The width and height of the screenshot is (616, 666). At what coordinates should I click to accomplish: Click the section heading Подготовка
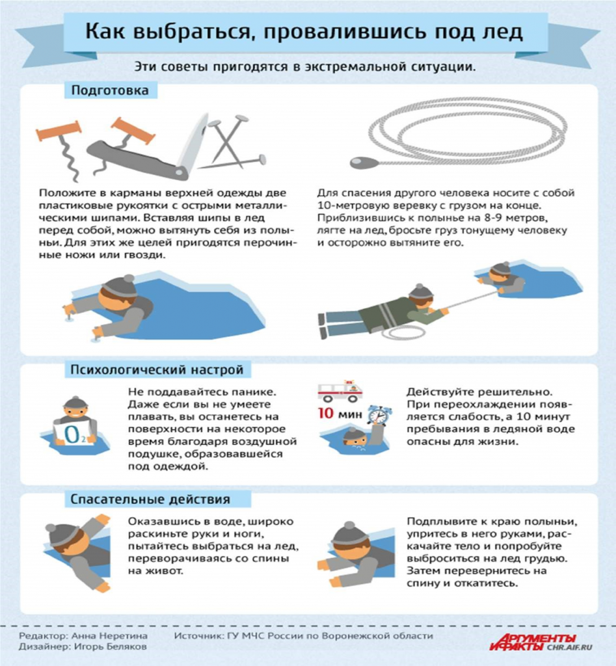110,90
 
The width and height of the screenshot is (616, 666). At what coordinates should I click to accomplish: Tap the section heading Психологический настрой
157,369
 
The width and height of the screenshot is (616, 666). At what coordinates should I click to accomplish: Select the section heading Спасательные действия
150,499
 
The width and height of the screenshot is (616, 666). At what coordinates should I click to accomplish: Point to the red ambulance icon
340,391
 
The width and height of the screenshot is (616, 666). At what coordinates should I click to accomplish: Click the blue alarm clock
379,415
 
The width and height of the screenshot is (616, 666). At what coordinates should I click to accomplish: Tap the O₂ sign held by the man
74,433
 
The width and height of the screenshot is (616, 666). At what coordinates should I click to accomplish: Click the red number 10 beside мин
326,413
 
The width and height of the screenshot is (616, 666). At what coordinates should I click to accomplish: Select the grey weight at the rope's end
364,163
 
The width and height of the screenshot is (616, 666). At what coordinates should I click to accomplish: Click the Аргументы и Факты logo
533,642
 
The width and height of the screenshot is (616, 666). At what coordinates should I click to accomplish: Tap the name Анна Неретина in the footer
109,636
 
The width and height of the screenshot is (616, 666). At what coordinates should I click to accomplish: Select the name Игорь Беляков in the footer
111,646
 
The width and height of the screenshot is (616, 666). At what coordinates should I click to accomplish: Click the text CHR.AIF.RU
569,647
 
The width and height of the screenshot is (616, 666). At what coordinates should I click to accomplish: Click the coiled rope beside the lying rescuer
403,333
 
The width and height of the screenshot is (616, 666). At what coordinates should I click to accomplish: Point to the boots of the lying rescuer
323,326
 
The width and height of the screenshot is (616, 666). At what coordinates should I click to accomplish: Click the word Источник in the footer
198,636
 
